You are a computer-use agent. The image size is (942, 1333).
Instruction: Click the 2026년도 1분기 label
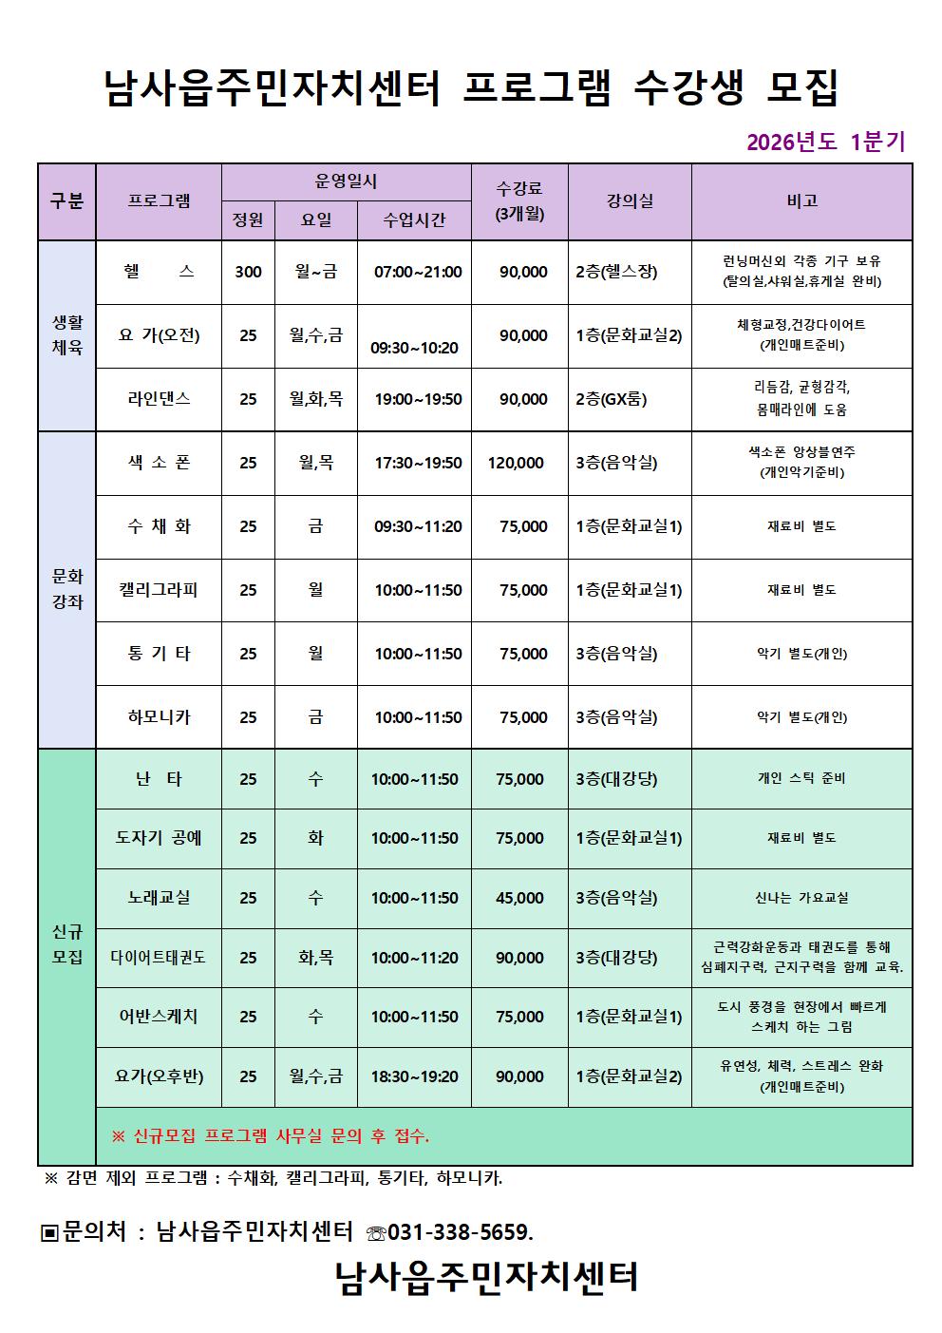coord(825,143)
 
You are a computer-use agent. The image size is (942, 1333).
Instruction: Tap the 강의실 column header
coord(630,201)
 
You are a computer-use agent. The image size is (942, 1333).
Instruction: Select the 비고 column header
coord(801,201)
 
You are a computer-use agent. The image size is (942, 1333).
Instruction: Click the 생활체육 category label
coord(67,335)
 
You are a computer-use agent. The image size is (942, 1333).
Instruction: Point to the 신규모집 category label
coord(67,944)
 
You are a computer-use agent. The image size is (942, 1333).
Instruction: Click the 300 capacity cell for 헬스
coord(248,272)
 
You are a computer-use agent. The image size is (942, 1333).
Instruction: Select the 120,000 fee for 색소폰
coord(517,463)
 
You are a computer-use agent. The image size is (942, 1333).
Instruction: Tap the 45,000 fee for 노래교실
coord(519,898)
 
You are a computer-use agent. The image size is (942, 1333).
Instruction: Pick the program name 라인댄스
coord(159,399)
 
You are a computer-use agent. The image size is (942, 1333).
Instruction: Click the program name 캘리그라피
coord(159,590)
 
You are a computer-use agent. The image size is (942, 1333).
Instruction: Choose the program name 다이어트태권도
coord(159,958)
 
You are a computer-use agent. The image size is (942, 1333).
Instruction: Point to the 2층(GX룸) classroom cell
coord(612,399)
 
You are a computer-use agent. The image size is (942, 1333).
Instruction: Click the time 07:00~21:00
coord(418,272)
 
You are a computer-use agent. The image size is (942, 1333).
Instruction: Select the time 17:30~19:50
coord(418,463)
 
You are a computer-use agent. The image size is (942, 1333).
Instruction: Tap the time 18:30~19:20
coord(414,1076)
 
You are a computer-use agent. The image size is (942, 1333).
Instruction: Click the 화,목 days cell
coord(315,958)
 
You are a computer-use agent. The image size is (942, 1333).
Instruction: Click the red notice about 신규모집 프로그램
coord(271,1135)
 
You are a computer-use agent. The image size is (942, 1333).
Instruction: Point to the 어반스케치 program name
coord(159,1017)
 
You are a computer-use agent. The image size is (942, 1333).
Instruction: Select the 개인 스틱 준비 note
coord(801,779)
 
